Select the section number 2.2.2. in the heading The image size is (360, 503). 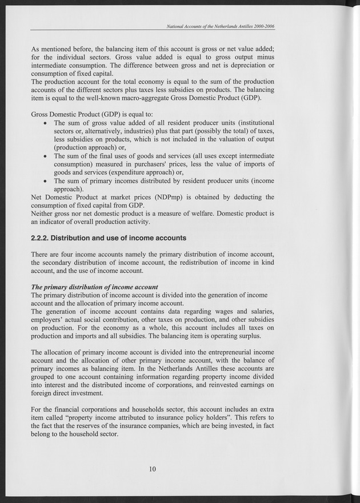43,238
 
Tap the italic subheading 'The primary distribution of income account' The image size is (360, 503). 94,286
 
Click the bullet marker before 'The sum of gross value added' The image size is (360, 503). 45,123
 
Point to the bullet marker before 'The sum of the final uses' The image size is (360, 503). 45,156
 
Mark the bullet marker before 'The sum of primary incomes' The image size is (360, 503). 45,180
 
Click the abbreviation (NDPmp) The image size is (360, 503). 158,197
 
